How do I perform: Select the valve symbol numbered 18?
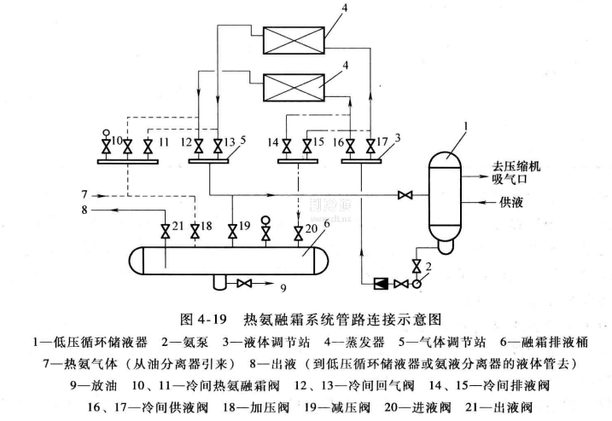(x=195, y=230)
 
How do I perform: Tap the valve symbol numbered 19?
(x=233, y=230)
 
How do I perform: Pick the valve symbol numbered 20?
(x=299, y=230)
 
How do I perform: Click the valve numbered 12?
(x=199, y=143)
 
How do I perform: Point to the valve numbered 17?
(x=370, y=143)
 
